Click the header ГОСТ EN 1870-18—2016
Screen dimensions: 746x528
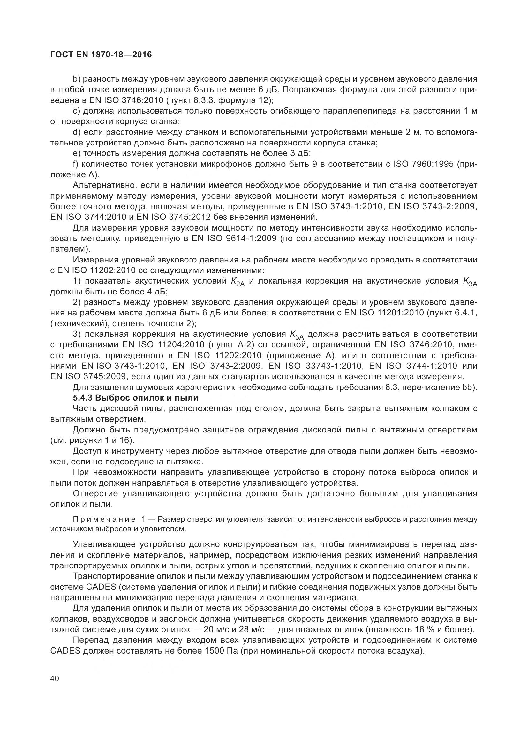coord(101,55)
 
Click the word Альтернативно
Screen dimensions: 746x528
coord(102,186)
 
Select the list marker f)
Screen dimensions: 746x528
coord(76,164)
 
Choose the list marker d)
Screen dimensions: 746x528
coord(77,132)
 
